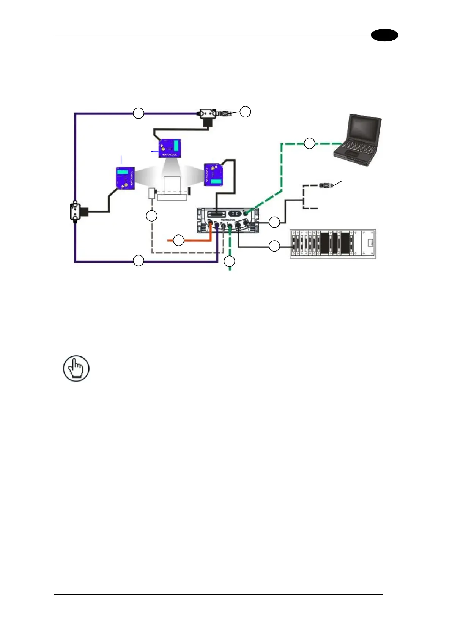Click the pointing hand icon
point(76,369)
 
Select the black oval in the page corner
point(384,35)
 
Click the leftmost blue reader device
point(125,178)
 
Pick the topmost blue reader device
point(170,148)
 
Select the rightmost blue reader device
point(214,174)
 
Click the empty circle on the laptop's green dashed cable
point(309,143)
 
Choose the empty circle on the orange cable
point(178,240)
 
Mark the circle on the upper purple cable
point(139,113)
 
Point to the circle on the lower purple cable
point(139,261)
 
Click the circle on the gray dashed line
point(151,216)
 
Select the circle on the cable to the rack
point(274,246)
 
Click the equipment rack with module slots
point(333,244)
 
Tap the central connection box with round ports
point(228,220)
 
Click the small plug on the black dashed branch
point(326,185)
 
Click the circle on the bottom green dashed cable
point(229,261)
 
